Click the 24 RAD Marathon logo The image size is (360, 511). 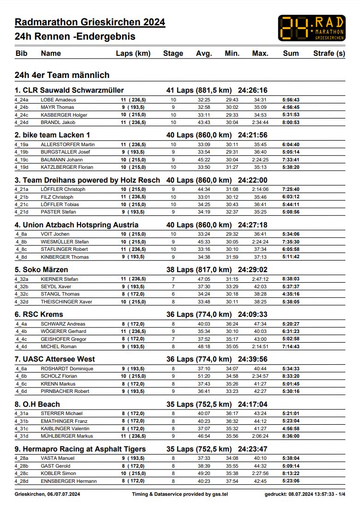tap(312, 28)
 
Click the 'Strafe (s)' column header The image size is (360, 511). tap(329, 53)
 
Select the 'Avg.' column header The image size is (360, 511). tap(204, 53)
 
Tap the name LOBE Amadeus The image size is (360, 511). tap(59, 100)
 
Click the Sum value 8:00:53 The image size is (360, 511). tap(291, 123)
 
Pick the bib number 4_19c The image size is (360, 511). tap(21, 160)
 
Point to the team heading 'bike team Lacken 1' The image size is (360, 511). tap(53, 135)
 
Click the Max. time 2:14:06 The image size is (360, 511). tap(260, 190)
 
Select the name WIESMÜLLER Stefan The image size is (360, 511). tap(65, 242)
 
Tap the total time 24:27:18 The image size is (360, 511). tap(253, 225)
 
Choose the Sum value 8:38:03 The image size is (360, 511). tap(291, 279)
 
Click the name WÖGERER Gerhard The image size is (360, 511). tap(63, 331)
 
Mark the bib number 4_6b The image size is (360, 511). tap(21, 376)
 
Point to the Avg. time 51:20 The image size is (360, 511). tap(204, 376)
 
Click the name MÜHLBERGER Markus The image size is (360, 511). tap(67, 436)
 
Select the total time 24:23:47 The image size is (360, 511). tap(253, 449)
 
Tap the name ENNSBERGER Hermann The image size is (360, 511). tap(69, 481)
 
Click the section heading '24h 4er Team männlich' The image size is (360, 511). tap(62, 75)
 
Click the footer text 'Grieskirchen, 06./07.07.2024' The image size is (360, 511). tap(47, 494)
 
